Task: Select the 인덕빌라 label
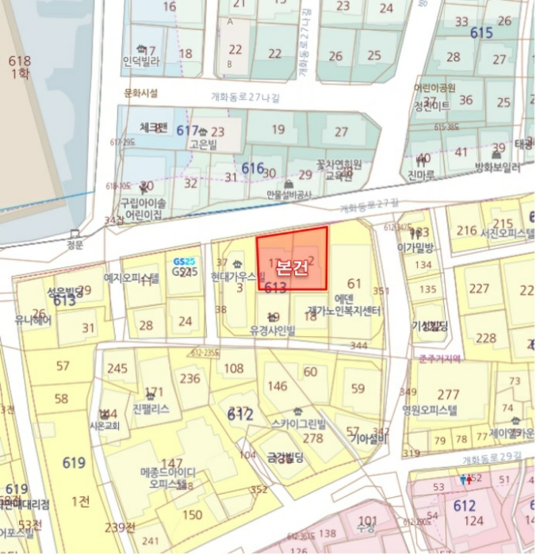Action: [141, 60]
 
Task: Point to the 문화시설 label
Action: [141, 93]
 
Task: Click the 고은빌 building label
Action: [202, 145]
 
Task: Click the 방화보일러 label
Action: [497, 167]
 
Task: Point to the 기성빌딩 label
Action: [430, 326]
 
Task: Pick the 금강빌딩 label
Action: [285, 456]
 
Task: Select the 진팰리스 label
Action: [151, 408]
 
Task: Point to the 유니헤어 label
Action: [33, 321]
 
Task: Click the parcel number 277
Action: [448, 394]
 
